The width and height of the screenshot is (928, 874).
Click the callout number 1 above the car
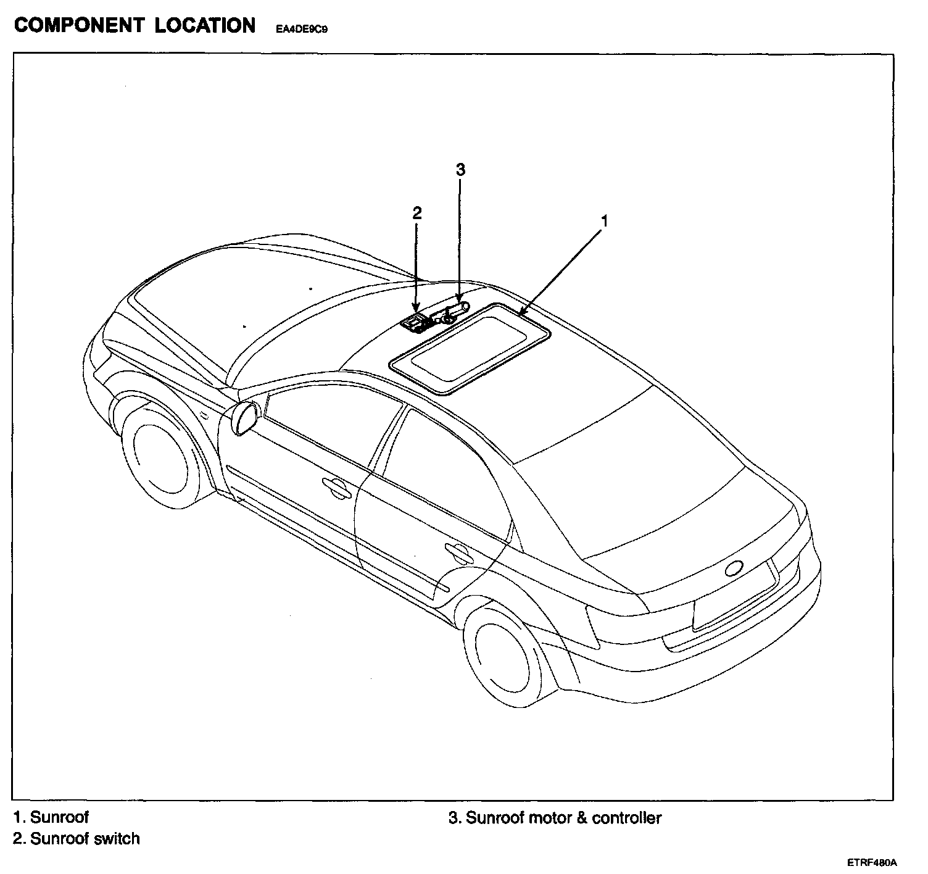coord(605,220)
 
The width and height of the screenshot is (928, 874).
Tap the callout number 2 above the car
coord(417,213)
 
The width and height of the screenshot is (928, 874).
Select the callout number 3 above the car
coord(460,170)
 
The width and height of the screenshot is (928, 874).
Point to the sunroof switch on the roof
coord(413,322)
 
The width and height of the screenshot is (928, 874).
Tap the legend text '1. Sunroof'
coord(51,817)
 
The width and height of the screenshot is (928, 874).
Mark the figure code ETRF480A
coord(871,862)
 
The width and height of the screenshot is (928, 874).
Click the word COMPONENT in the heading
coord(78,25)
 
